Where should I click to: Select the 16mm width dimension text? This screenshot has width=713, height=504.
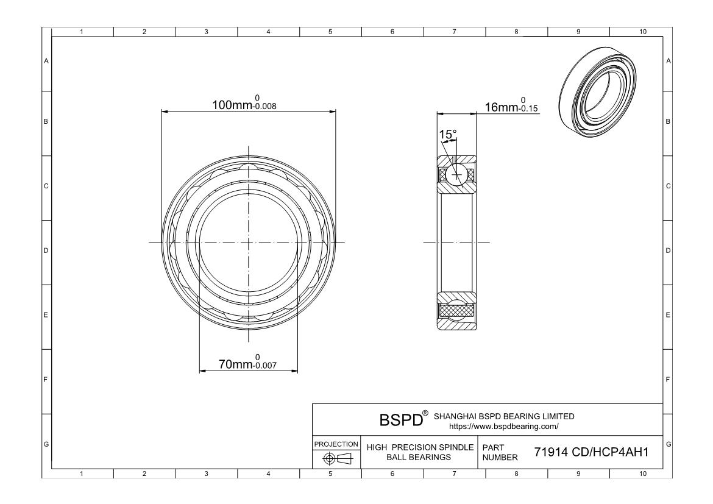[x=499, y=108]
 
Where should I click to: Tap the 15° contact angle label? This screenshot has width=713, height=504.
[x=448, y=134]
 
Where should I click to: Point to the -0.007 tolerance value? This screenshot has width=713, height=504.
[x=265, y=367]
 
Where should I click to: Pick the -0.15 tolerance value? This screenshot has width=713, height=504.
[x=528, y=110]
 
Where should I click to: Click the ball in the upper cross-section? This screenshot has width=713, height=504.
[x=456, y=174]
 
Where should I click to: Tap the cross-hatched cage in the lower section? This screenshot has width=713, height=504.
[x=456, y=310]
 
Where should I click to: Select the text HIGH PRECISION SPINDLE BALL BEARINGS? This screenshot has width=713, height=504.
[x=420, y=452]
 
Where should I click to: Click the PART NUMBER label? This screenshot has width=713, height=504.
[x=500, y=452]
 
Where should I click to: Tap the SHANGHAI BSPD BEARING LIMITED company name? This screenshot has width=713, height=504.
[x=503, y=416]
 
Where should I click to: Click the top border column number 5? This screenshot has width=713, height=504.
[x=330, y=32]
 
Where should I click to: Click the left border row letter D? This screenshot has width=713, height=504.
[x=46, y=250]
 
